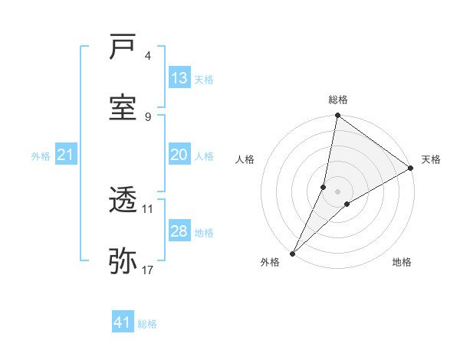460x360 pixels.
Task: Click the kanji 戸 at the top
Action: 123,47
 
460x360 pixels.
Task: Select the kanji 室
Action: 123,107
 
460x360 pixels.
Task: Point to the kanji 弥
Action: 123,260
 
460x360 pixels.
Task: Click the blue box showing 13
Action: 179,78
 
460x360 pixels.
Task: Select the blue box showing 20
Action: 179,155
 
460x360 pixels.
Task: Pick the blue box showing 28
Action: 179,231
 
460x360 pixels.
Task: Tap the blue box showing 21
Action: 66,155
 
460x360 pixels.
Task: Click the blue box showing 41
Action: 123,322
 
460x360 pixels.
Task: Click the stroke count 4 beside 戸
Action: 148,56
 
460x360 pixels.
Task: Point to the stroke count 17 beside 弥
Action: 148,270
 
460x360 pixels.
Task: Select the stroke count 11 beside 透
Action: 148,208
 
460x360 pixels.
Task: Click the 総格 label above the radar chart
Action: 338,100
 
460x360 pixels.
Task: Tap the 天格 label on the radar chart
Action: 431,159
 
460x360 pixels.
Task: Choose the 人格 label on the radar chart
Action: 245,159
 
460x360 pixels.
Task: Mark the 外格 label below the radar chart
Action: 270,263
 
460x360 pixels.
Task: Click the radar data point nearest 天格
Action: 411,169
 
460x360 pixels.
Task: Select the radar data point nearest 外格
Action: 292,254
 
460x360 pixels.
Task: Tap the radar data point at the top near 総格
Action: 337,116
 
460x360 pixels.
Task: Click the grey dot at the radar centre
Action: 338,191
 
